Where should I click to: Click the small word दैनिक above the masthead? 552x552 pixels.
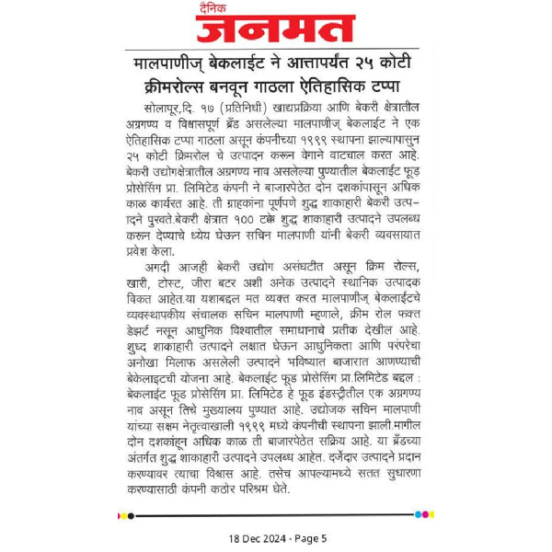pos(219,9)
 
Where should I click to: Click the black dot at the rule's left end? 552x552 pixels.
pos(130,515)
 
